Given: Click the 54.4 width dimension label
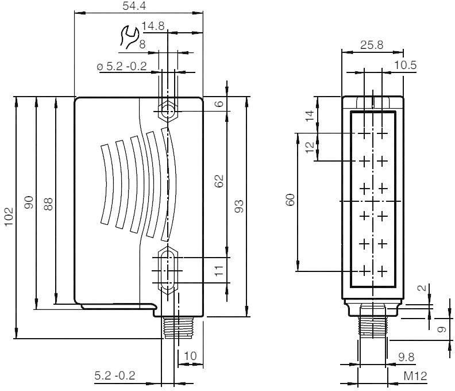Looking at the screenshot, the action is click(134, 6).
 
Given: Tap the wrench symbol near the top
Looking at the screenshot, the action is click(128, 37).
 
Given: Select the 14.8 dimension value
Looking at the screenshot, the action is click(153, 26).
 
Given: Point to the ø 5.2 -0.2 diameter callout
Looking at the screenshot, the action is click(122, 67).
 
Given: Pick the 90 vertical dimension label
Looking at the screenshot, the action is click(29, 202).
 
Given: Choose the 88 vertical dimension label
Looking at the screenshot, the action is click(48, 204).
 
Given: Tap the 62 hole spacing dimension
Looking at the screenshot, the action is click(219, 181).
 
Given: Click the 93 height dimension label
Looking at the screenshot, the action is click(239, 206).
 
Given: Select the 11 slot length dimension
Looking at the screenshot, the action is click(219, 270).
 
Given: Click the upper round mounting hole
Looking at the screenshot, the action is click(167, 111).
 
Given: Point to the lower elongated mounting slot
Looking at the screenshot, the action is click(167, 270).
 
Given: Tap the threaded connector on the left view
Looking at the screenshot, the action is click(173, 328).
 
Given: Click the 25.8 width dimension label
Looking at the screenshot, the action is click(372, 45).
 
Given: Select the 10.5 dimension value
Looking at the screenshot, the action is click(405, 65).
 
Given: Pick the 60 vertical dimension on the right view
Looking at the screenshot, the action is click(290, 200).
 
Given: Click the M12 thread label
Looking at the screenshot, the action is click(415, 376).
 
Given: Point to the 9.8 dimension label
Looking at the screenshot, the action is click(406, 357).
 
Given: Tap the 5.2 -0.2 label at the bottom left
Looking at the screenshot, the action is click(115, 375).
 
